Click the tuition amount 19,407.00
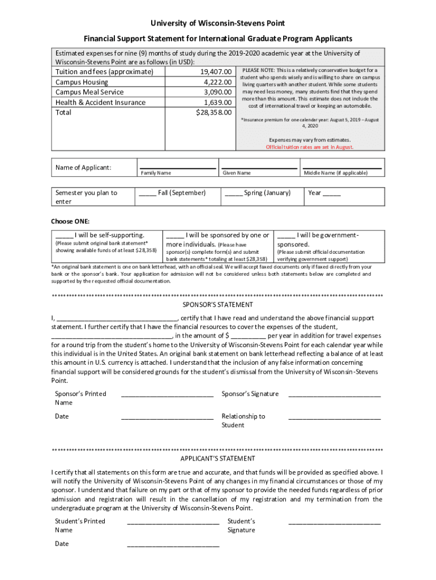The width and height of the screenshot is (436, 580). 216,72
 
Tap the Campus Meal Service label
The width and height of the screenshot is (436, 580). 89,92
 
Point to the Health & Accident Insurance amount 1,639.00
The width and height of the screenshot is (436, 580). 217,103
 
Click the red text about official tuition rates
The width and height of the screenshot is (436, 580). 310,147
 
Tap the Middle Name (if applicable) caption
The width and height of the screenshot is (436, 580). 335,173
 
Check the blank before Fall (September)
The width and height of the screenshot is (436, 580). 147,194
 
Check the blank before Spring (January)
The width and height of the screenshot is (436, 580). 233,194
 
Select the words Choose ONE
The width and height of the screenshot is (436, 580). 70,221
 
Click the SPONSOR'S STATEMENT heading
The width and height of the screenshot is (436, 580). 217,305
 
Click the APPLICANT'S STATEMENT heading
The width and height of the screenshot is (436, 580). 217,459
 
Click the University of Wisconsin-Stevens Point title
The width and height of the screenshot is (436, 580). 217,23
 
